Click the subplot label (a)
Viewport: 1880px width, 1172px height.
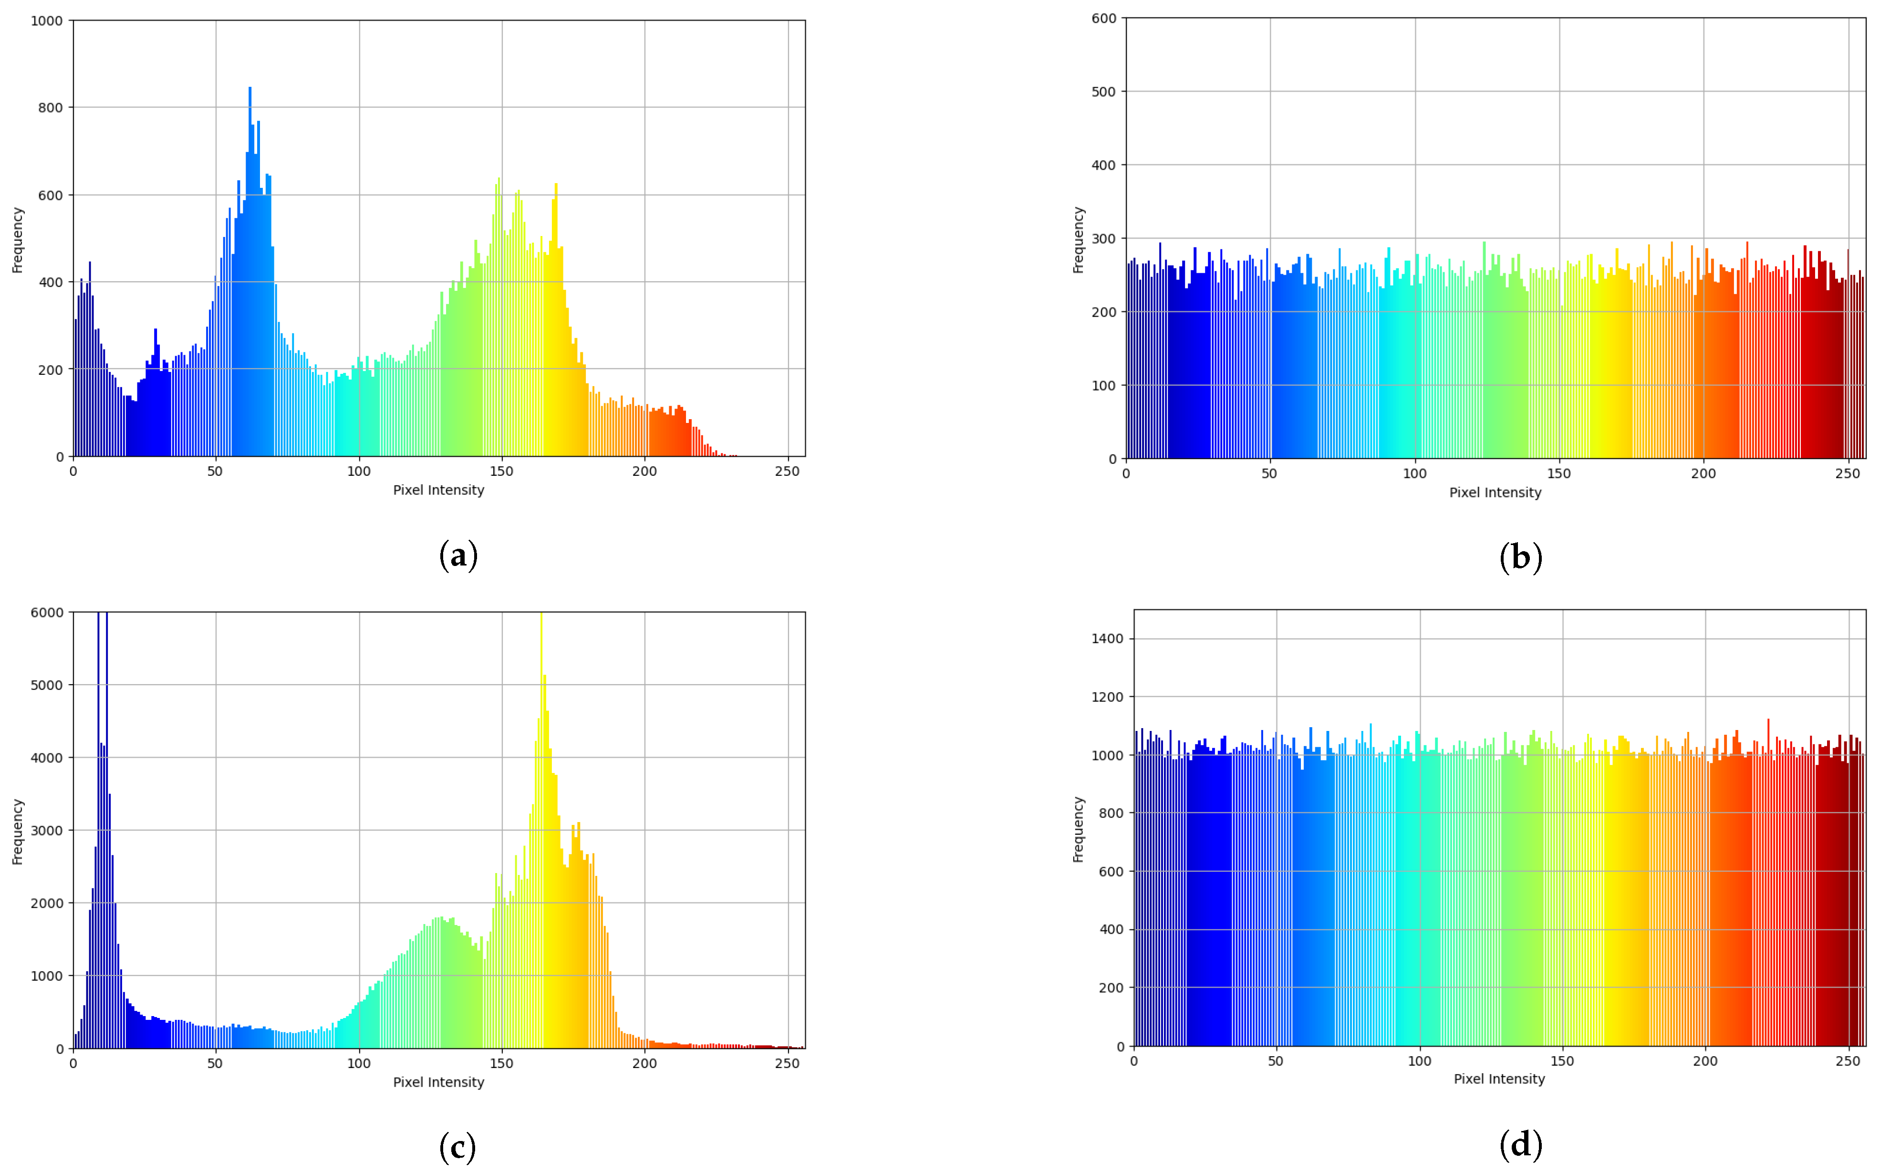pos(458,556)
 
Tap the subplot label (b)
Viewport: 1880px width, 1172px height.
pos(1520,557)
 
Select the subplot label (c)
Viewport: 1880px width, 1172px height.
pos(457,1146)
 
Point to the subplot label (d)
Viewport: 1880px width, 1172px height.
pos(1520,1145)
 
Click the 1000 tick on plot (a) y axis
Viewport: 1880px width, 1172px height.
pos(47,21)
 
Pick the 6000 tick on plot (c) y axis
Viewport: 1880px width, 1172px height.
pos(47,612)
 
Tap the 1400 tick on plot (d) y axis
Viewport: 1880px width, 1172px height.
pos(1107,639)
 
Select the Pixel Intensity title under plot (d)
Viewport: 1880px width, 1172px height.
pos(1498,1079)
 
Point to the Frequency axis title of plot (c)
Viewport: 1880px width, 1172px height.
pos(17,832)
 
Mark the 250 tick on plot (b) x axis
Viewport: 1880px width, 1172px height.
pos(1848,473)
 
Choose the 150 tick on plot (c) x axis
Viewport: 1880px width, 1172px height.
pos(501,1063)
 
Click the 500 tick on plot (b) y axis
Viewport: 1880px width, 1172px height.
pos(1103,92)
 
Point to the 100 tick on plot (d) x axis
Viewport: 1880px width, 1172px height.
pos(1420,1061)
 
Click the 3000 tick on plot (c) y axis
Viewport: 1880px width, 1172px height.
pos(47,830)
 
